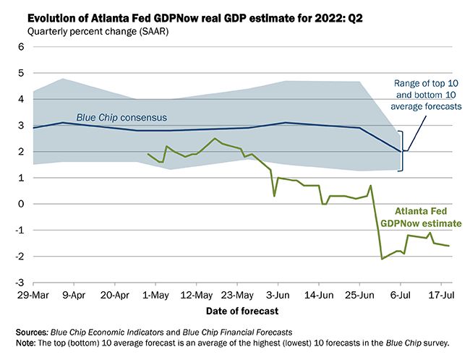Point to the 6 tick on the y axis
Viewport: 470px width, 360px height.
(21, 47)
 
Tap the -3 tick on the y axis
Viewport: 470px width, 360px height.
(20, 282)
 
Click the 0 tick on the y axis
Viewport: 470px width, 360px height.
(21, 204)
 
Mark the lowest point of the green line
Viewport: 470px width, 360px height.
(382, 259)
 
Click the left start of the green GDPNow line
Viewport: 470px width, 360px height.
(148, 154)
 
